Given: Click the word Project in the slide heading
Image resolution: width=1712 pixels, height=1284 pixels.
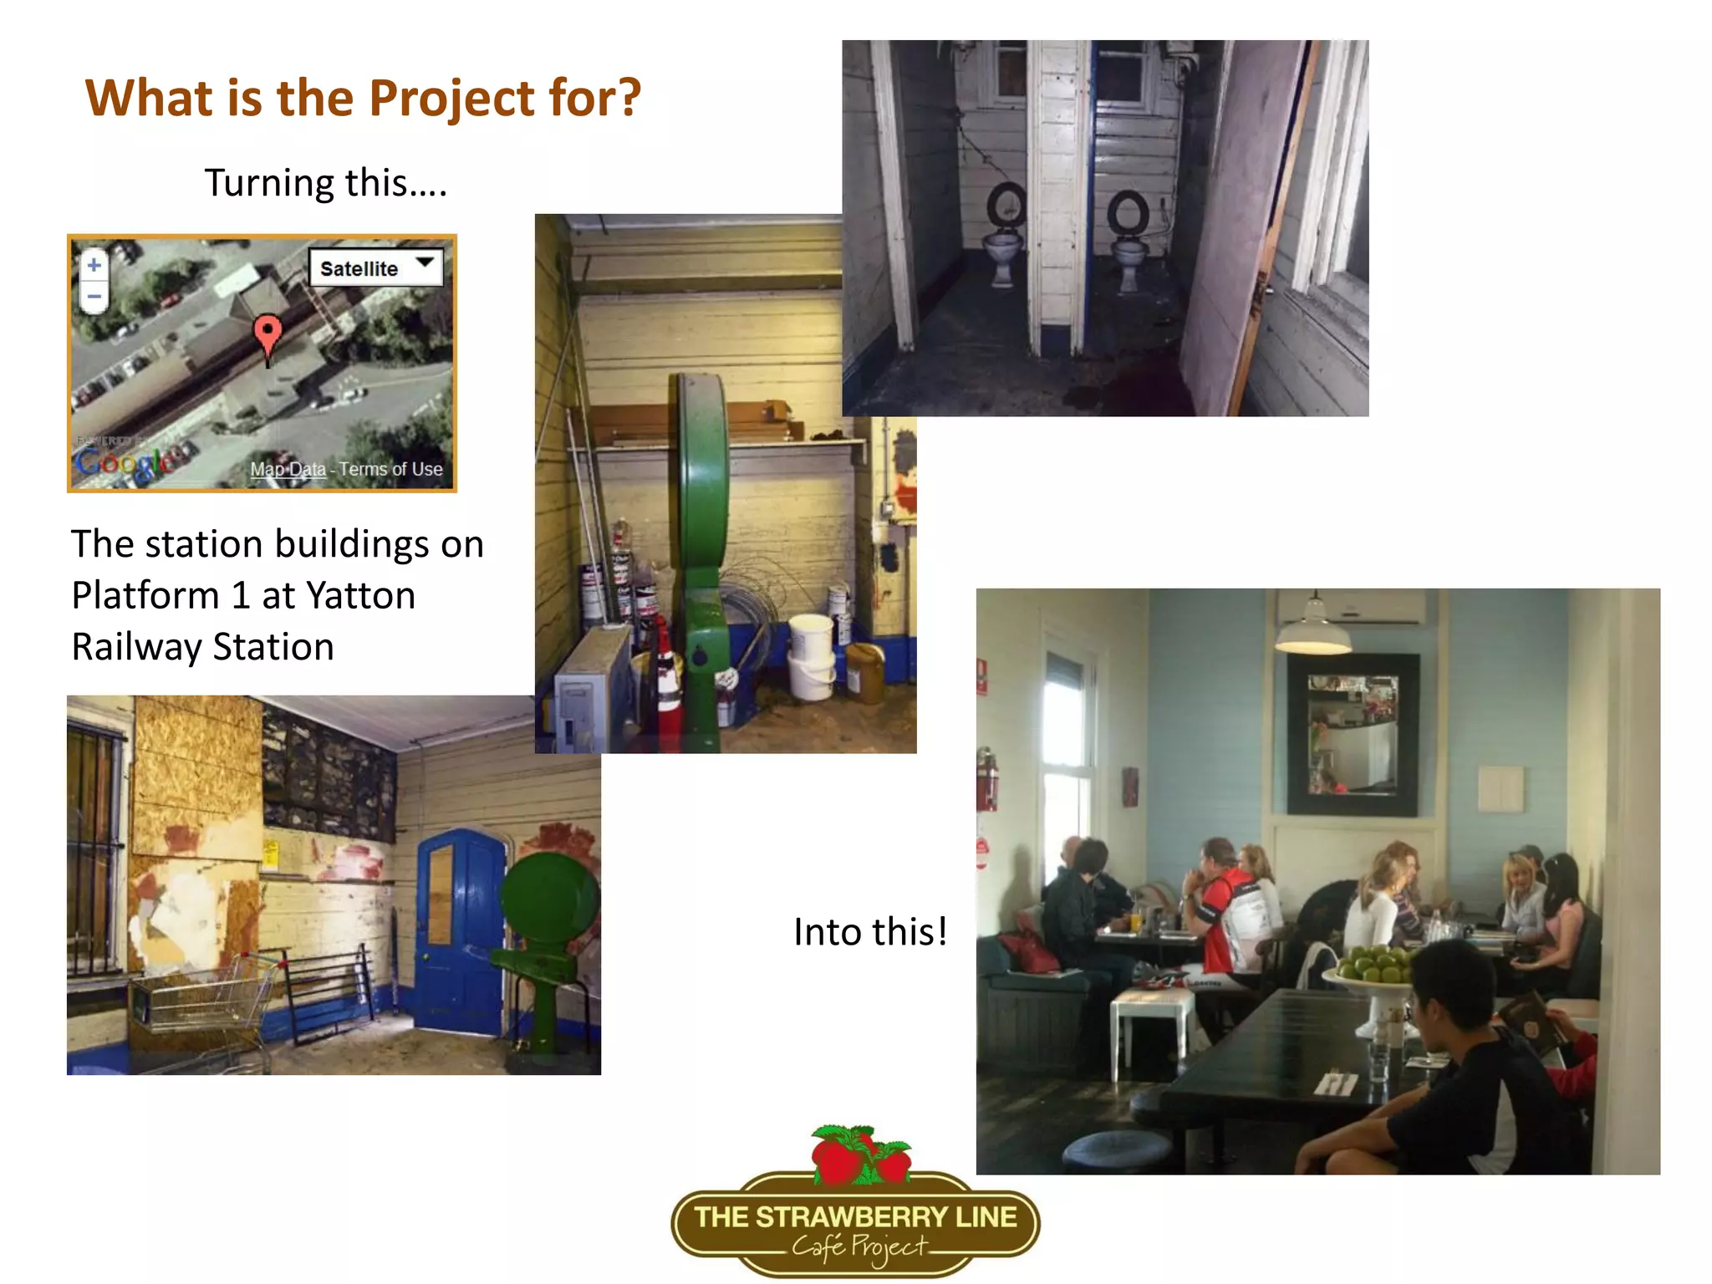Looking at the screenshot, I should click(452, 99).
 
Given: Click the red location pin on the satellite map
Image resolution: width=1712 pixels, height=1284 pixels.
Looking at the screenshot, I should click(267, 334).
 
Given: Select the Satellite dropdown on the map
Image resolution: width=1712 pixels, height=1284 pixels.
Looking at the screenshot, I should click(375, 268).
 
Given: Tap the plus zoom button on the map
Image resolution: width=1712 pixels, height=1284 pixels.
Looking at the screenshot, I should click(94, 265).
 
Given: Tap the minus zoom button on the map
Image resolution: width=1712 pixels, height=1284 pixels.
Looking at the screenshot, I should click(94, 296).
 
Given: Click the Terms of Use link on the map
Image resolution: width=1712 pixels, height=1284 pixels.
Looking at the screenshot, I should click(390, 470).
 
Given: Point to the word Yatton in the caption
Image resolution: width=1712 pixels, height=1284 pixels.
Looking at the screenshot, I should click(360, 595).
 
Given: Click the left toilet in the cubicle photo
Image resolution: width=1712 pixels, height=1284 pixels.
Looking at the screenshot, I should click(1003, 242).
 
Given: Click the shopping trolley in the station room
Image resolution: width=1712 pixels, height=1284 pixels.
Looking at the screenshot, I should click(205, 1003).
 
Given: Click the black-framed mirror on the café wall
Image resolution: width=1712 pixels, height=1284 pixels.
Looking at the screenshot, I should click(1352, 733).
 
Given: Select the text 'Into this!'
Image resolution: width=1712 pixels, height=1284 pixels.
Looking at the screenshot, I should click(870, 931).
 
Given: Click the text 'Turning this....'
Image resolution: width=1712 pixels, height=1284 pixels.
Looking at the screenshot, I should click(326, 182).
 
